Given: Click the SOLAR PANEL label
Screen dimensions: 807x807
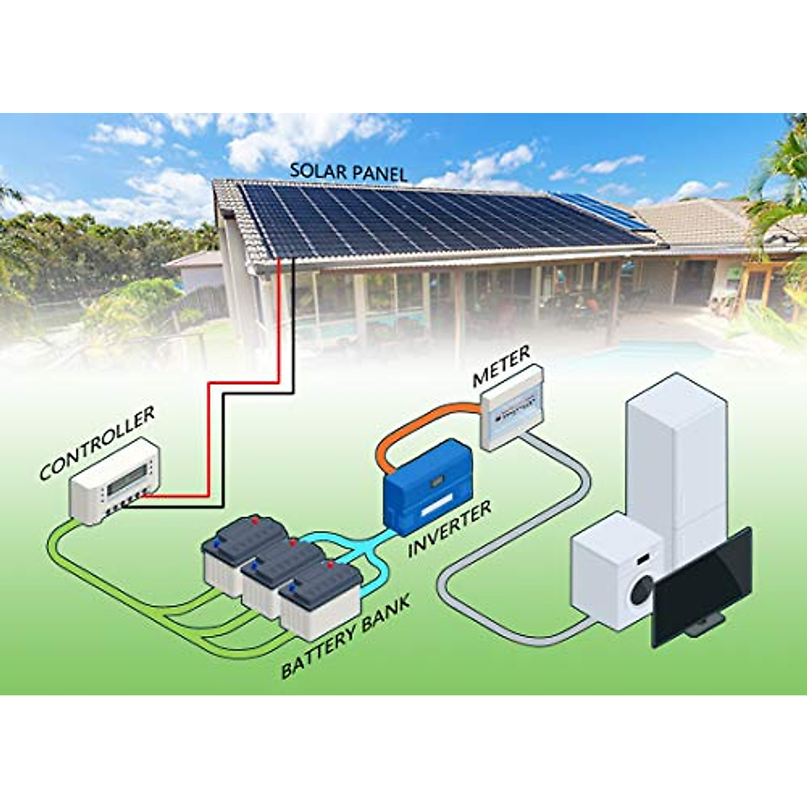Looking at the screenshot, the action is [348, 172].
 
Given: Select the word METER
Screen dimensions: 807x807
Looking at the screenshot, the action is [501, 367].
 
